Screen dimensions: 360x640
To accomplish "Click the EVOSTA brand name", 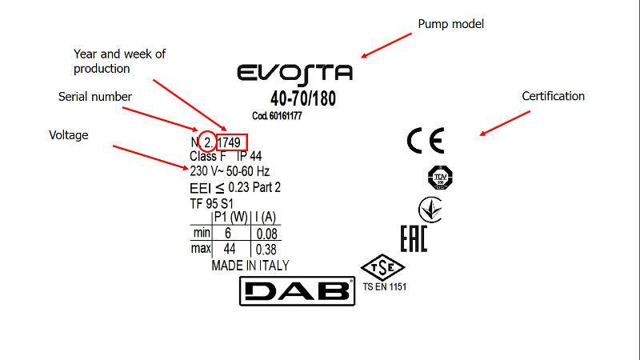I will click(x=295, y=74).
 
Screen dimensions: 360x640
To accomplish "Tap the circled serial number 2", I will click(x=207, y=142).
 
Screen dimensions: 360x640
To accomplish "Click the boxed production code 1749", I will click(x=232, y=142).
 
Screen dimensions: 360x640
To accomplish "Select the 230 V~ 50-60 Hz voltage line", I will click(x=230, y=171).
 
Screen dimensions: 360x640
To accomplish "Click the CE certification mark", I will click(x=425, y=141).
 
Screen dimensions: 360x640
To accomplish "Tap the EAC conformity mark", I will click(x=414, y=238).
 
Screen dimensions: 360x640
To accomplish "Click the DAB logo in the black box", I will click(x=297, y=290).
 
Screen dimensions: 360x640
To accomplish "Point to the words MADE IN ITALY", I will click(x=250, y=266).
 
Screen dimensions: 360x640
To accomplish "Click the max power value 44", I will click(x=229, y=249).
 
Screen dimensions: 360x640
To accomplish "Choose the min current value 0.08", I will click(x=267, y=234).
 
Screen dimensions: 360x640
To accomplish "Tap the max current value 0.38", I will click(x=267, y=249).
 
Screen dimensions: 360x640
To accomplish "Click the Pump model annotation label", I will click(x=451, y=24).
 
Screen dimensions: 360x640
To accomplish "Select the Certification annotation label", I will click(x=554, y=96).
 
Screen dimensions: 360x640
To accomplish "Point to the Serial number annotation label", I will click(x=95, y=97).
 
